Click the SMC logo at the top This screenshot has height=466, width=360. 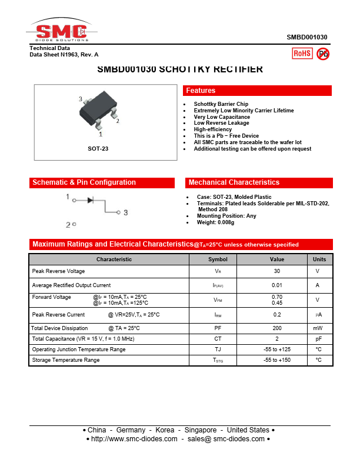pyautogui.click(x=61, y=32)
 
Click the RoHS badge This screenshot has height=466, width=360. pyautogui.click(x=302, y=54)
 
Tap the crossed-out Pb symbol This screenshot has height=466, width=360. pyautogui.click(x=323, y=54)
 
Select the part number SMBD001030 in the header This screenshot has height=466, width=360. pyautogui.click(x=307, y=37)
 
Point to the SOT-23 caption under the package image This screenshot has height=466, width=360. pyautogui.click(x=98, y=149)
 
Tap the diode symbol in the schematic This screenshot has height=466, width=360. pyautogui.click(x=91, y=200)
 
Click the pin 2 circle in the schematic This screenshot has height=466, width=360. pyautogui.click(x=74, y=224)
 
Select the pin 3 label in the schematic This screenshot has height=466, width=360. pyautogui.click(x=125, y=212)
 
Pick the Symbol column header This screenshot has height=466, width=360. pyautogui.click(x=218, y=259)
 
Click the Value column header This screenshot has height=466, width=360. pyautogui.click(x=276, y=259)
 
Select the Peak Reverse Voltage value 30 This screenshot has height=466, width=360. pyautogui.click(x=276, y=271)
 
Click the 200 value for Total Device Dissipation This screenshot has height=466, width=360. pyautogui.click(x=276, y=328)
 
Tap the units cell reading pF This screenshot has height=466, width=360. pyautogui.click(x=318, y=339)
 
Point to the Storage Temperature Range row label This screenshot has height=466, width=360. pyautogui.click(x=66, y=360)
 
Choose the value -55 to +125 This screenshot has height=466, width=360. pyautogui.click(x=276, y=349)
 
